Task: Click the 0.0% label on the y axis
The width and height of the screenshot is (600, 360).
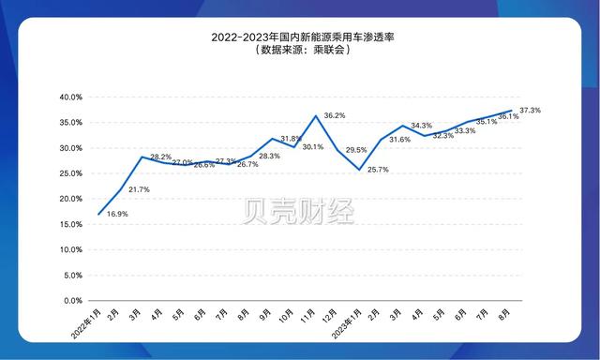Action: click(73, 301)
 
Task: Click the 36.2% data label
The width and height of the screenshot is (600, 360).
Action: click(335, 115)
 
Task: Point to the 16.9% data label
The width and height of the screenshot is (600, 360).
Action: click(118, 214)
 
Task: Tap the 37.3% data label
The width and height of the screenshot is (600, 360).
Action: click(556, 111)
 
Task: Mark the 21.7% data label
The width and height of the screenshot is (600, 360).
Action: click(140, 189)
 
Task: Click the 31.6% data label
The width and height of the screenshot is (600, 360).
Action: click(399, 140)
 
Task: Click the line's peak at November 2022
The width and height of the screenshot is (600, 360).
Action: click(316, 115)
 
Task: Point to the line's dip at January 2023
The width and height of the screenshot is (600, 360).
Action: click(359, 170)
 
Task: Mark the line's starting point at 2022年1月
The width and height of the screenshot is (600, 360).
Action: click(98, 215)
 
